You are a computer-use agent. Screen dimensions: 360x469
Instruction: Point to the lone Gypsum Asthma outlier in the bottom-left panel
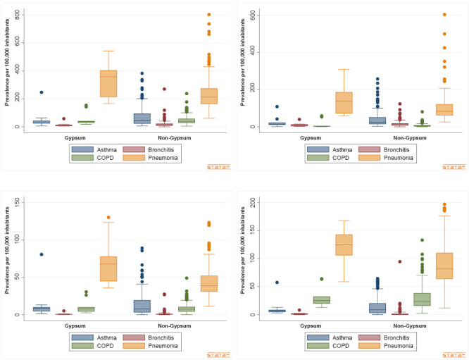tap(42, 254)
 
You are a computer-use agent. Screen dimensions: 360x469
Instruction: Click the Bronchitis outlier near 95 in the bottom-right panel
tap(399, 261)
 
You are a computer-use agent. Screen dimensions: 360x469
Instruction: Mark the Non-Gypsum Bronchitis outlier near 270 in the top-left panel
tap(163, 89)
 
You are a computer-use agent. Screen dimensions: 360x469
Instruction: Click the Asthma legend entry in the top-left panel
tap(93, 149)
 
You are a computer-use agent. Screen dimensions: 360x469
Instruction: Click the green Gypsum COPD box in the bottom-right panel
tap(322, 300)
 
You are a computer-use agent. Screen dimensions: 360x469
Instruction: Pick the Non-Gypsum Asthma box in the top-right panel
tap(358, 120)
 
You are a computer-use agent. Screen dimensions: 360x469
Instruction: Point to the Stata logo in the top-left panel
tap(218, 167)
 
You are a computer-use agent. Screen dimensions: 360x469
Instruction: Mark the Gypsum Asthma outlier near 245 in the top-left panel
tap(42, 92)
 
